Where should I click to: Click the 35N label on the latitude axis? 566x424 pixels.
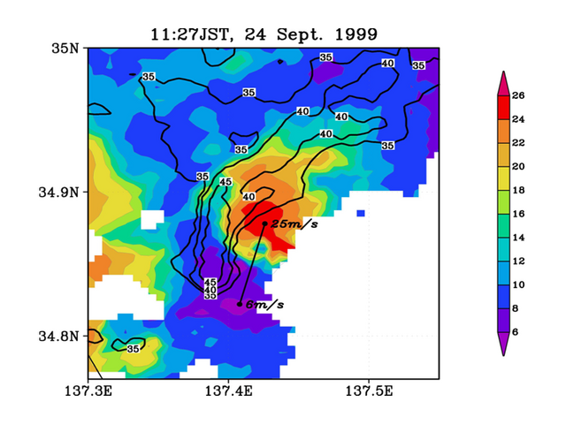click(65, 49)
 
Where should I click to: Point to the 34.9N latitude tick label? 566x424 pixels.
click(58, 193)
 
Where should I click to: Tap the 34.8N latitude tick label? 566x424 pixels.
click(58, 337)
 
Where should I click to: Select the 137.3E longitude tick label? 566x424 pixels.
click(88, 390)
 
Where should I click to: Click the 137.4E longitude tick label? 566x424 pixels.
click(228, 390)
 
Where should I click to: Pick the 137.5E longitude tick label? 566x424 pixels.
click(369, 390)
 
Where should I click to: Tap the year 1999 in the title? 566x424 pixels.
click(356, 34)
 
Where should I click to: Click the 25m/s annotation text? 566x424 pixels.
click(294, 223)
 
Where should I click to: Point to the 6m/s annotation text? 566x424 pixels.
click(264, 305)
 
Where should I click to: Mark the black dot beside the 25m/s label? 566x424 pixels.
click(264, 223)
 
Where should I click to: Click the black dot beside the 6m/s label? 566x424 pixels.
click(240, 304)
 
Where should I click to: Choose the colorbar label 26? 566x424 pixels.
click(518, 95)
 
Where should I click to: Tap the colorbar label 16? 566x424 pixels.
click(518, 214)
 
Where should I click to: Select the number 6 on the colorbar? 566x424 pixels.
click(515, 332)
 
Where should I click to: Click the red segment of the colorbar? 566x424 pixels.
click(503, 108)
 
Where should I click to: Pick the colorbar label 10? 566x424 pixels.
click(518, 284)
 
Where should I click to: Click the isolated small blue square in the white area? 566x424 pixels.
click(361, 214)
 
